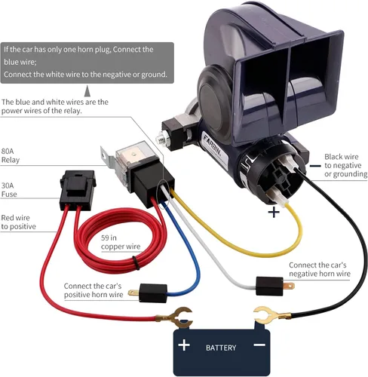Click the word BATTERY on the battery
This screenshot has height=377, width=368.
tap(221, 348)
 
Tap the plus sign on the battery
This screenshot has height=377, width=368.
tap(184, 345)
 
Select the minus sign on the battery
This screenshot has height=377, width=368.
tap(259, 345)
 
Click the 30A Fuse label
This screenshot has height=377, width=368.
tap(9, 190)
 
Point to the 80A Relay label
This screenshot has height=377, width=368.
tap(11, 155)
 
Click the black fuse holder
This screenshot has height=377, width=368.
tap(78, 190)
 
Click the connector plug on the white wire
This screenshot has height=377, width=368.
tap(273, 286)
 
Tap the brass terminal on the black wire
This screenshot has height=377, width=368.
tap(270, 315)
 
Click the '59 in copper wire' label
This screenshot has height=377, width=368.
tap(121, 242)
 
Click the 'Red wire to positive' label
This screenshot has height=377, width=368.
tap(18, 222)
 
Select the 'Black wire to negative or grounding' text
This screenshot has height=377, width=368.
tap(345, 165)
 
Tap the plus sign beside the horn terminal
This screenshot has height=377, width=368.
tap(274, 212)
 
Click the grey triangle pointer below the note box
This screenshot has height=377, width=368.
tap(87, 91)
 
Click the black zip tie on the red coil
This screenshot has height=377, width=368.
tap(136, 262)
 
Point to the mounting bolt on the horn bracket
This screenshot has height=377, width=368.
tap(161, 138)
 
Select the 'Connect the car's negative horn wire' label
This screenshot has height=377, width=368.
tap(320, 269)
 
